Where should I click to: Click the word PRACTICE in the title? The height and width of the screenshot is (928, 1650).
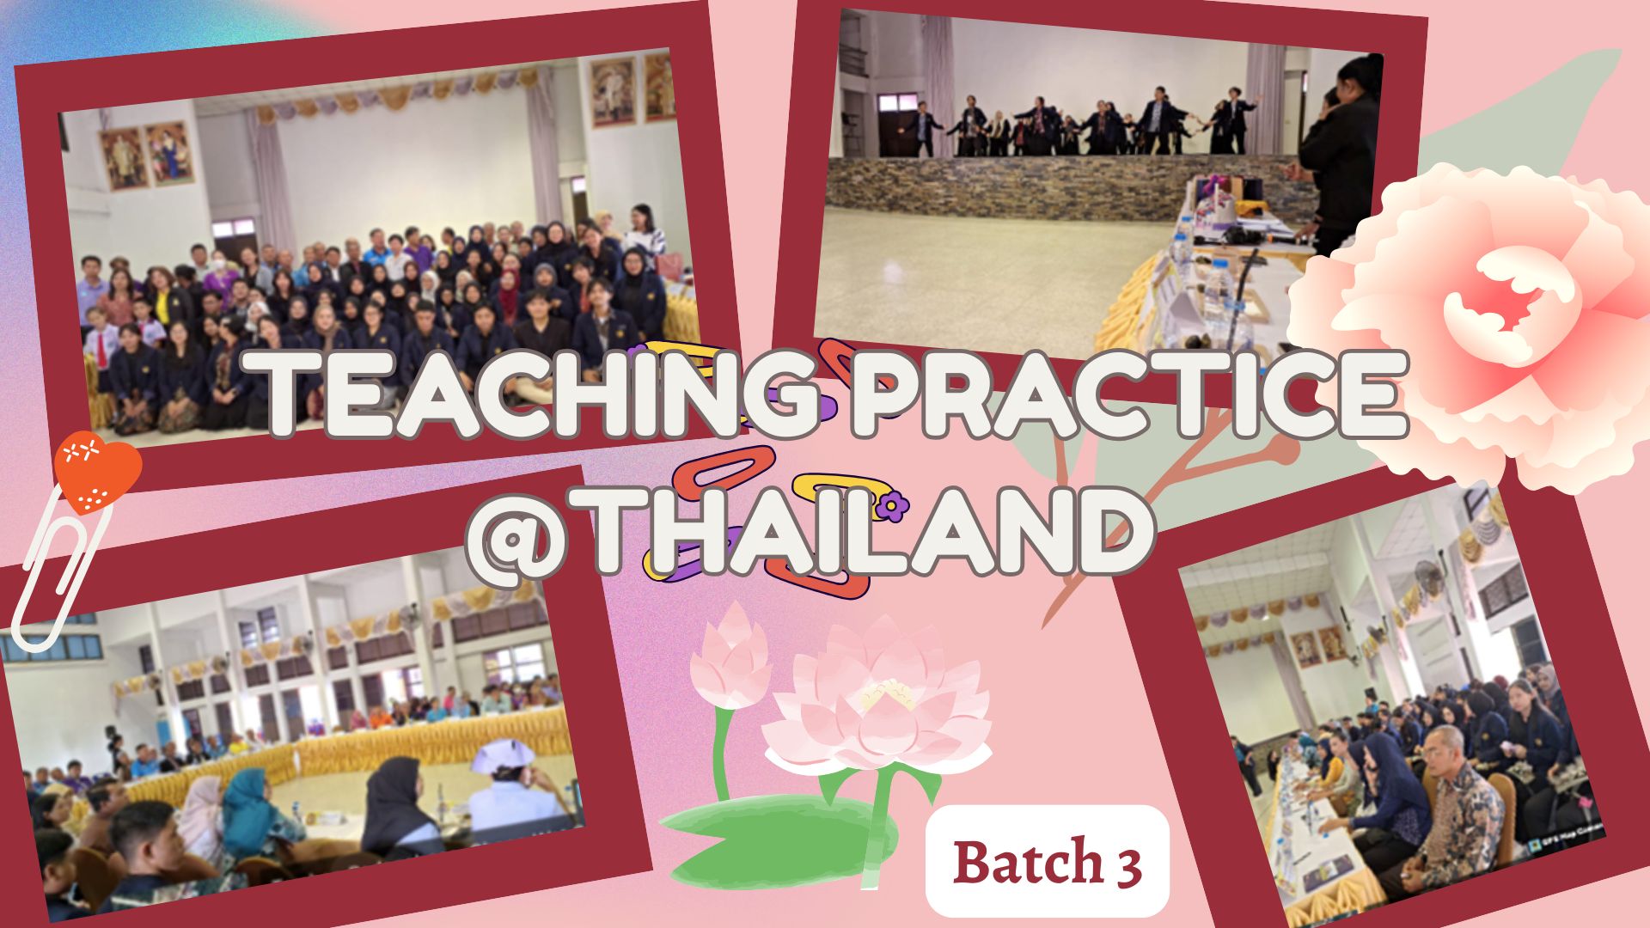point(1127,394)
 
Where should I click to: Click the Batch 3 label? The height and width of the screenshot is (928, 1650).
point(1047,862)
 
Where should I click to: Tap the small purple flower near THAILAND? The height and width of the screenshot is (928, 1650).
point(894,507)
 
